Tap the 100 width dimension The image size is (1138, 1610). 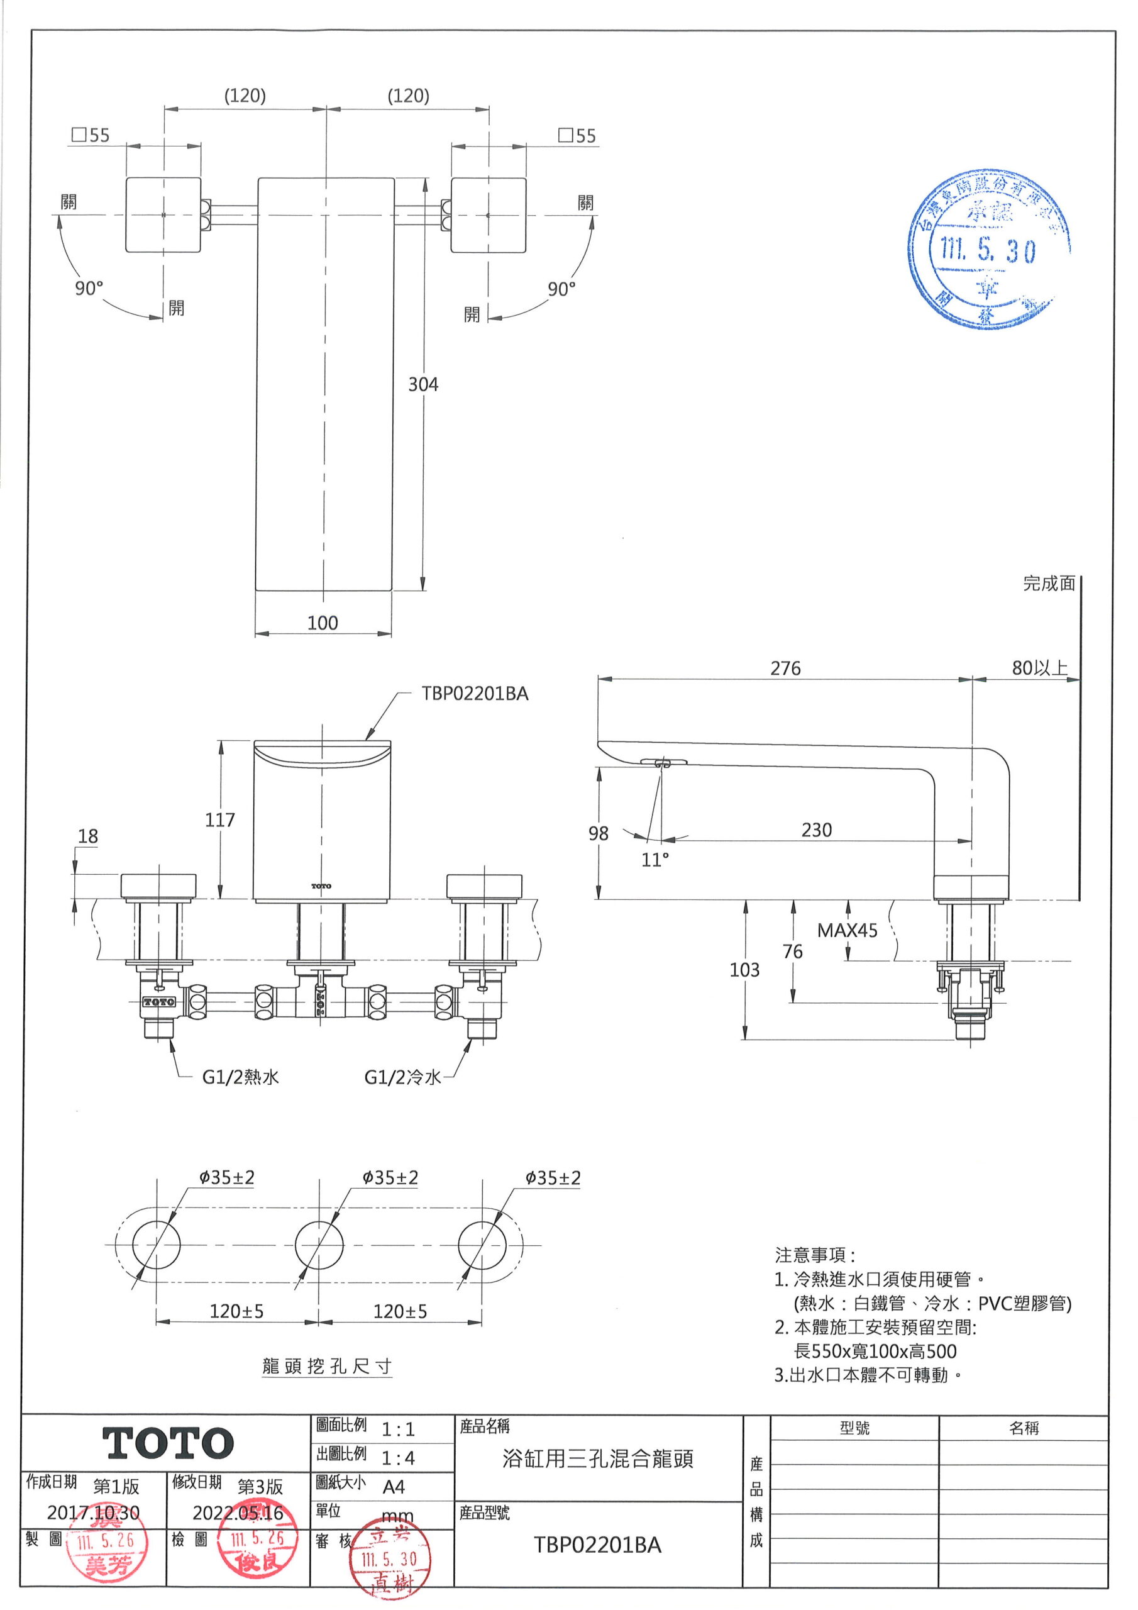click(x=323, y=623)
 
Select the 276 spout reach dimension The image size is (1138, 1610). click(x=785, y=669)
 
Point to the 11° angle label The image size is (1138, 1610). click(x=655, y=860)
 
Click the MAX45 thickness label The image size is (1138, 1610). click(x=847, y=931)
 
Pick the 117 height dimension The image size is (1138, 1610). click(x=219, y=819)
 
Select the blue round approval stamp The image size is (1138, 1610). click(x=988, y=249)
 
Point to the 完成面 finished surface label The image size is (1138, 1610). click(x=1048, y=584)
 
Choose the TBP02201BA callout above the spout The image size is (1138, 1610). click(x=475, y=694)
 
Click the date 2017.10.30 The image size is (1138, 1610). click(x=93, y=1513)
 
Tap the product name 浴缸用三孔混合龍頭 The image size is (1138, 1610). click(x=597, y=1458)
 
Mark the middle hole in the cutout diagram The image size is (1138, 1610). click(x=319, y=1245)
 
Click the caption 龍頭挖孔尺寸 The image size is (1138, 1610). click(x=327, y=1367)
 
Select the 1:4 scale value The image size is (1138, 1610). click(x=397, y=1458)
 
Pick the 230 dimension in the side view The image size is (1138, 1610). click(x=816, y=830)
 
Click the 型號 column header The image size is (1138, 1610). click(x=854, y=1428)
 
